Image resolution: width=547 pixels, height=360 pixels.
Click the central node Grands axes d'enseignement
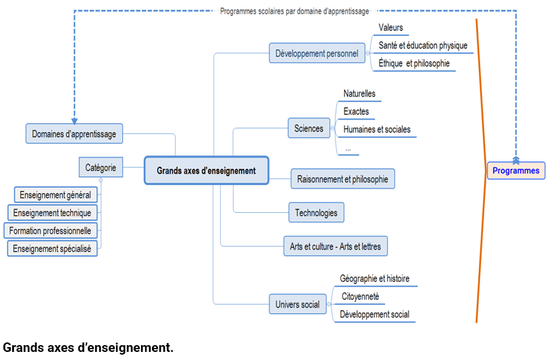point(207,171)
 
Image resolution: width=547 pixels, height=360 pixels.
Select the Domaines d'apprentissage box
point(74,134)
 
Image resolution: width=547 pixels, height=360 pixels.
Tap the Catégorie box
point(101,168)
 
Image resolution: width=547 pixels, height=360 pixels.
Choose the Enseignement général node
point(55,195)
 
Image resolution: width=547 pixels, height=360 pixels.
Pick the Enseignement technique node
point(52,213)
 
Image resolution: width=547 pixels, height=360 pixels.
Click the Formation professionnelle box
point(50,230)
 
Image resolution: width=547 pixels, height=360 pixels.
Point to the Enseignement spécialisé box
point(52,249)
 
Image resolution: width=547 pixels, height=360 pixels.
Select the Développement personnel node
point(317,53)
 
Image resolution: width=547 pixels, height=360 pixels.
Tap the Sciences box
point(309,128)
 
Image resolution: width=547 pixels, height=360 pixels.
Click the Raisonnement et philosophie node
point(342,179)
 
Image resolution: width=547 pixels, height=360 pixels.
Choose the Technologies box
point(316,213)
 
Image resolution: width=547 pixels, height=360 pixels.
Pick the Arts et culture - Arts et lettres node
point(336,247)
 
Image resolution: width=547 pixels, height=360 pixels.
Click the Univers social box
point(297,305)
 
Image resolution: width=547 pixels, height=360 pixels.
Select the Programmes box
point(516,170)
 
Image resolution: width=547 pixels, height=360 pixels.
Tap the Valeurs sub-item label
point(391,28)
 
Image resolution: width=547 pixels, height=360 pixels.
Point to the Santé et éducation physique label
point(423,45)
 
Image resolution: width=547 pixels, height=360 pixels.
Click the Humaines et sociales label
point(377,129)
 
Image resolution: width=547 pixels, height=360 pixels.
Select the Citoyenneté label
point(360,297)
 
